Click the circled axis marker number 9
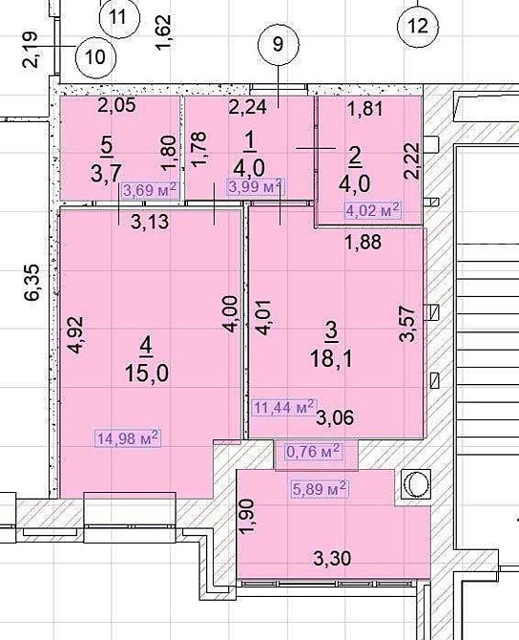tap(278, 43)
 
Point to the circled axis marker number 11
tap(119, 16)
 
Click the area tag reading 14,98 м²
tap(127, 438)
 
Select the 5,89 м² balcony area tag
tap(319, 488)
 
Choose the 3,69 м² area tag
tap(150, 188)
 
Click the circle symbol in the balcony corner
tap(416, 486)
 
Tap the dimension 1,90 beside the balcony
tap(247, 517)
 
